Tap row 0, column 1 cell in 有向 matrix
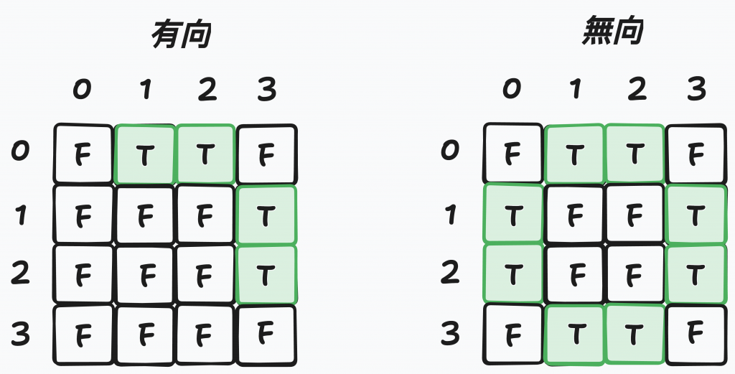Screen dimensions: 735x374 click(x=144, y=154)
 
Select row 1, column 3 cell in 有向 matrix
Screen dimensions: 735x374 click(x=266, y=215)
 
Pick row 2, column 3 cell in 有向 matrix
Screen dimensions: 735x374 click(x=266, y=274)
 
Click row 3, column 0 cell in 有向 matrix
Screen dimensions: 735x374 click(x=83, y=335)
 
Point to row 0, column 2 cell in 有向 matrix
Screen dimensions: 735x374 click(x=205, y=154)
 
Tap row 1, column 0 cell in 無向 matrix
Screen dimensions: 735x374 click(x=512, y=215)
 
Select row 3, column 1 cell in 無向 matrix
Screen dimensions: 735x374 click(x=574, y=335)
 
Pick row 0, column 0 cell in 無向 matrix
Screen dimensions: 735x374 click(x=512, y=154)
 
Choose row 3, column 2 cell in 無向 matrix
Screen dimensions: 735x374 click(x=635, y=335)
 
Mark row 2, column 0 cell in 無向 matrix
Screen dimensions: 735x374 click(x=512, y=274)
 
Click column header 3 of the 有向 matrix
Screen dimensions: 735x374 click(x=266, y=90)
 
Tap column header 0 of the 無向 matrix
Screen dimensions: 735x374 click(x=512, y=90)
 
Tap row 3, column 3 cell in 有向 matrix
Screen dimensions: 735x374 click(x=266, y=335)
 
